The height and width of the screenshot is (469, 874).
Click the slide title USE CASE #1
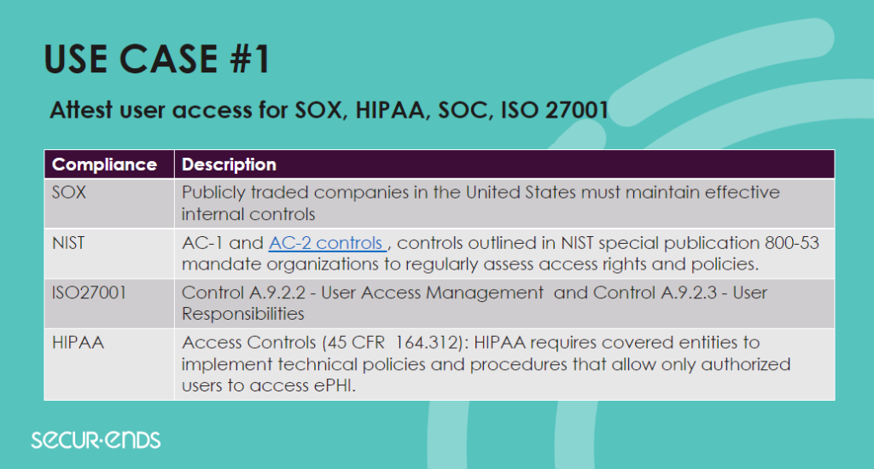tap(157, 59)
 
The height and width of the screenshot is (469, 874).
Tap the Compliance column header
tap(104, 165)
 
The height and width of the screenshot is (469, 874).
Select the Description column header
tap(229, 165)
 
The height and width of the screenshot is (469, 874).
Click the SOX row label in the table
tap(68, 193)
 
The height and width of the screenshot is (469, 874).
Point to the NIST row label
tap(68, 243)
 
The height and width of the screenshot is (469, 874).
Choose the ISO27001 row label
tap(89, 293)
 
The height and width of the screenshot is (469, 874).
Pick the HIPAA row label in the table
tap(78, 343)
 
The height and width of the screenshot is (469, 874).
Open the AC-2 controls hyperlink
tap(327, 243)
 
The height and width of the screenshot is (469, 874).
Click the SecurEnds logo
tap(96, 440)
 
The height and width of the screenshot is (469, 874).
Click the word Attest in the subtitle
tap(81, 110)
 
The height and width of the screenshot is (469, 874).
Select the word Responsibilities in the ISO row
tap(243, 314)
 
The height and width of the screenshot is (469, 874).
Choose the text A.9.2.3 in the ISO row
tap(689, 293)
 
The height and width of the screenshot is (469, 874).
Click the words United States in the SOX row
tap(521, 193)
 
